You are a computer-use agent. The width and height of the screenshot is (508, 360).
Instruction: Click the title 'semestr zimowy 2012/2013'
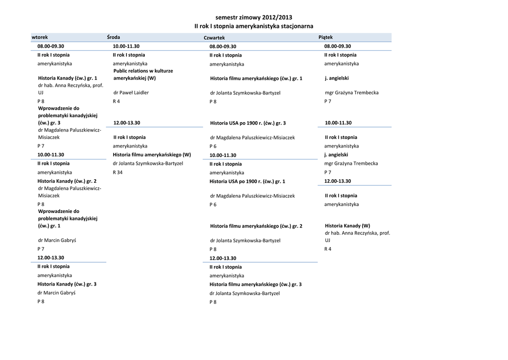pos(254,17)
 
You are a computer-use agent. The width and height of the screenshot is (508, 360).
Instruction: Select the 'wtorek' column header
pos(40,37)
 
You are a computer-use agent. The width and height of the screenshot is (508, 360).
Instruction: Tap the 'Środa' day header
pos(114,37)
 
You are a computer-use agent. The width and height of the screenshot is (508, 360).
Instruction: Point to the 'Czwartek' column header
pos(214,38)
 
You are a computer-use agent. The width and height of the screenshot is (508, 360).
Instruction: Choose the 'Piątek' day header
pos(325,37)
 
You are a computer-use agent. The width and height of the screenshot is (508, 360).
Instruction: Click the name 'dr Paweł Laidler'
pos(131,92)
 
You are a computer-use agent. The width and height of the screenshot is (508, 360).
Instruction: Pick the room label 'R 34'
pos(118,172)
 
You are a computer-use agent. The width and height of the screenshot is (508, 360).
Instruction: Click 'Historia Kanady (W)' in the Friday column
pos(347,225)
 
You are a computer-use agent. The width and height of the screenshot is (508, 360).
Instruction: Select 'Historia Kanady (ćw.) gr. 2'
pos(67,181)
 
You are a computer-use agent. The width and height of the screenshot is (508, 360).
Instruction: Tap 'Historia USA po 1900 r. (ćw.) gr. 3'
pos(248,123)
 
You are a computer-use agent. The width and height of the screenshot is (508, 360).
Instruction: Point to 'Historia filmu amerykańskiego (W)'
pos(152,154)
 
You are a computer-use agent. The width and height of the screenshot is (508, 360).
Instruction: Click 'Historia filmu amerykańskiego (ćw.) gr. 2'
pos(256,226)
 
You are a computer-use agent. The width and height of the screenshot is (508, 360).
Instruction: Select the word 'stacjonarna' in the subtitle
pos(296,26)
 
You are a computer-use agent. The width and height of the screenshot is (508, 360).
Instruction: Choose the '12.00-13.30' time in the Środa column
pos(127,123)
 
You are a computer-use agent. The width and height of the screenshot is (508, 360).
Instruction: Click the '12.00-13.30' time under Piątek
pos(338,181)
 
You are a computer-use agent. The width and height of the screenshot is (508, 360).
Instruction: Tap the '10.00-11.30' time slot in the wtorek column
pos(51,154)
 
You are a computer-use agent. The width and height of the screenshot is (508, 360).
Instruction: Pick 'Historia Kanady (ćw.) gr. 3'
pos(67,284)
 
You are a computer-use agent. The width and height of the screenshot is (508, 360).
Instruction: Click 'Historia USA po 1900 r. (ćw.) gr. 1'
pos(248,181)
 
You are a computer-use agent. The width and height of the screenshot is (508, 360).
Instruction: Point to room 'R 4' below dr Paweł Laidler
pos(116,101)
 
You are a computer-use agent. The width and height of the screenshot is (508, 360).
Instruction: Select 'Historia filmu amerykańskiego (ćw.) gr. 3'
pos(255,285)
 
